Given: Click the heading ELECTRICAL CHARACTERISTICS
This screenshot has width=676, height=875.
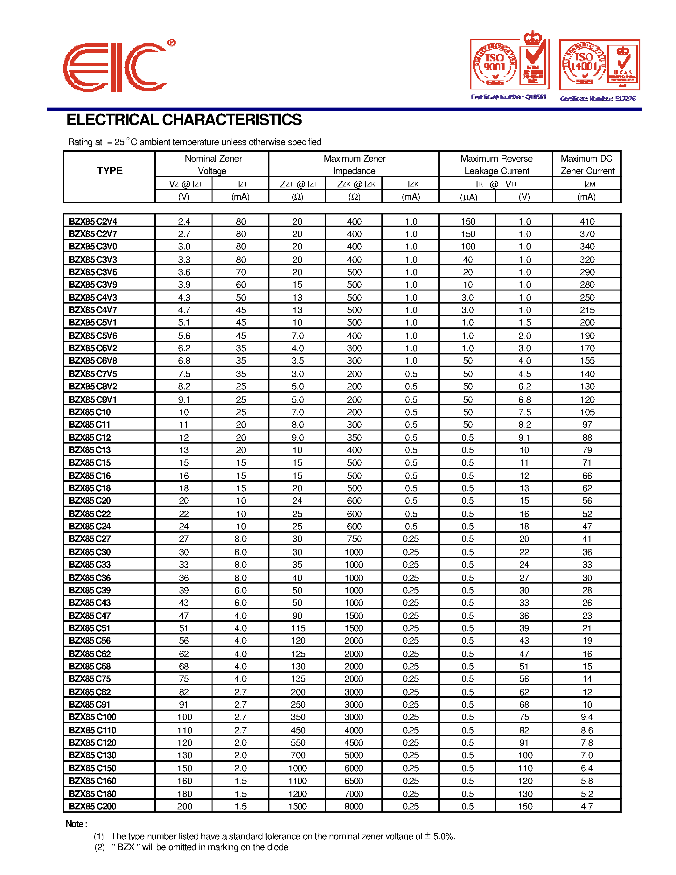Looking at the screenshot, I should tap(184, 120).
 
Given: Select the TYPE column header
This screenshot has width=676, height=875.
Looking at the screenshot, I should tap(109, 171).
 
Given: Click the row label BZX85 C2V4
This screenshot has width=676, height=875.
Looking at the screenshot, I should tap(93, 221).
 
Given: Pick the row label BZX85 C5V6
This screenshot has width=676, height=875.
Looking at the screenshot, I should tap(93, 336).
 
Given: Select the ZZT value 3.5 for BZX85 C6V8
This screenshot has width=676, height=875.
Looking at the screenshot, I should tap(297, 360).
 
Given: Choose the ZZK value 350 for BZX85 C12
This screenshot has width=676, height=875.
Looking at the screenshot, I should tap(354, 437).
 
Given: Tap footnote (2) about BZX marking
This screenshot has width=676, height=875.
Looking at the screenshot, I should tap(192, 847).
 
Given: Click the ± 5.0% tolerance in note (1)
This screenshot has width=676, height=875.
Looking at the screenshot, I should tap(440, 836).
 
